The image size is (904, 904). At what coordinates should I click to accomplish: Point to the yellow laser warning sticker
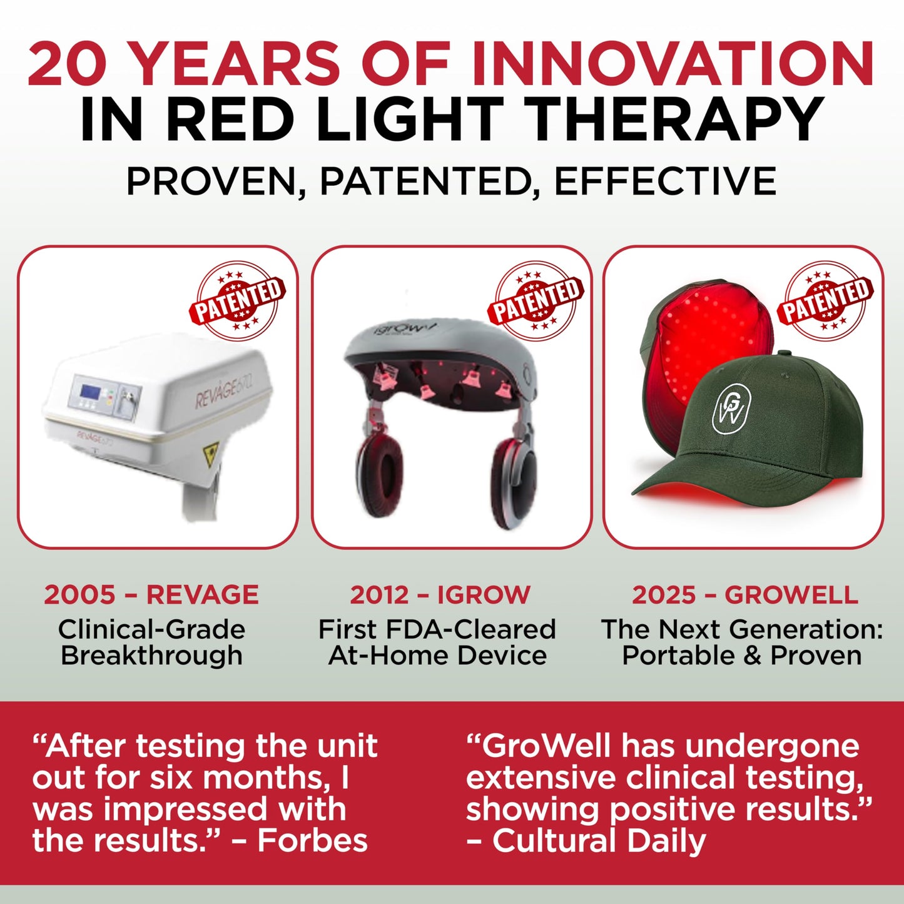pyautogui.click(x=211, y=450)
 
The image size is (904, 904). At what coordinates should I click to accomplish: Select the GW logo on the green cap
pyautogui.click(x=731, y=408)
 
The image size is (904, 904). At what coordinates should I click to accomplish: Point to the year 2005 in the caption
pyautogui.click(x=79, y=594)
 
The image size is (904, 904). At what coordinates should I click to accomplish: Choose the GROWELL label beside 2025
pyautogui.click(x=791, y=594)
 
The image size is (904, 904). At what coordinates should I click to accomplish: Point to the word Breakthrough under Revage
pyautogui.click(x=151, y=656)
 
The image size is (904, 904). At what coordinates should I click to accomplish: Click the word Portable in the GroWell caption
pyautogui.click(x=678, y=656)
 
